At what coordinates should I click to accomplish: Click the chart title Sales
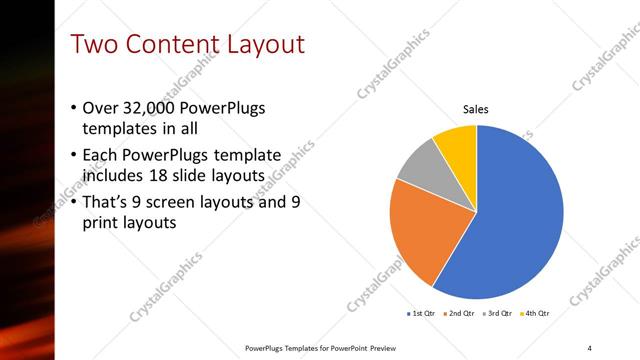pyautogui.click(x=475, y=109)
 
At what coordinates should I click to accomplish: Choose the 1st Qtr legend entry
pyautogui.click(x=421, y=313)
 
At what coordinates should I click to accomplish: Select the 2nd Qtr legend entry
pyautogui.click(x=459, y=313)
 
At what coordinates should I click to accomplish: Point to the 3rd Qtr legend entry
pyautogui.click(x=498, y=313)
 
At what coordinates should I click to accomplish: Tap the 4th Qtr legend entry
pyautogui.click(x=534, y=313)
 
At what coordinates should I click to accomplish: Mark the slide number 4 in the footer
pyautogui.click(x=590, y=347)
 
